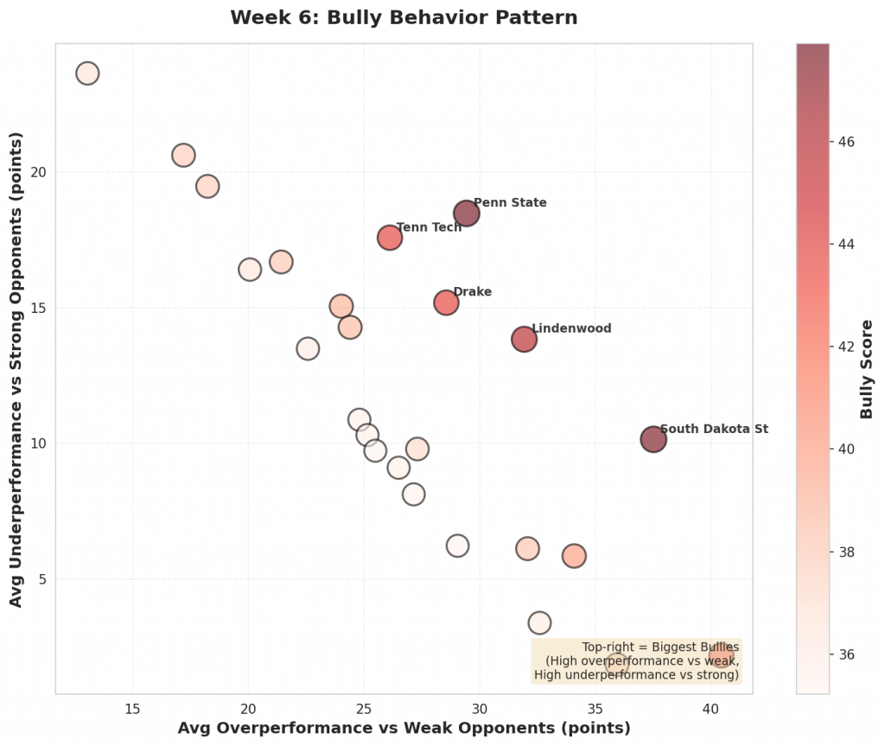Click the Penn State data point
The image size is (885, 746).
tap(466, 214)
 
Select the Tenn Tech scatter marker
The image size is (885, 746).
tap(390, 237)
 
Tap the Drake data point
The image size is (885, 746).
tap(446, 303)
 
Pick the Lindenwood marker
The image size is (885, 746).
tap(524, 339)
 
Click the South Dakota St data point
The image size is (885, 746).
tap(653, 439)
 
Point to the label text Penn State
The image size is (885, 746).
tap(510, 203)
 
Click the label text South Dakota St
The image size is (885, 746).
tap(714, 429)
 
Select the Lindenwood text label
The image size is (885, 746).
tap(571, 328)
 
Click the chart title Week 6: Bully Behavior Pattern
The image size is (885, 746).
tap(404, 17)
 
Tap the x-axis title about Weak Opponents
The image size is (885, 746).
tap(404, 728)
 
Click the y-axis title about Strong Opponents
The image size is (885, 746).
tap(16, 368)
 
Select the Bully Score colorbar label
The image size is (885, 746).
tap(867, 369)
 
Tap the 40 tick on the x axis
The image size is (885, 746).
tap(710, 709)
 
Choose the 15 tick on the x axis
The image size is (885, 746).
tap(132, 709)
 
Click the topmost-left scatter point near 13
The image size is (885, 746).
tap(87, 73)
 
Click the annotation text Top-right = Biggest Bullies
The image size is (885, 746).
tap(660, 647)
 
